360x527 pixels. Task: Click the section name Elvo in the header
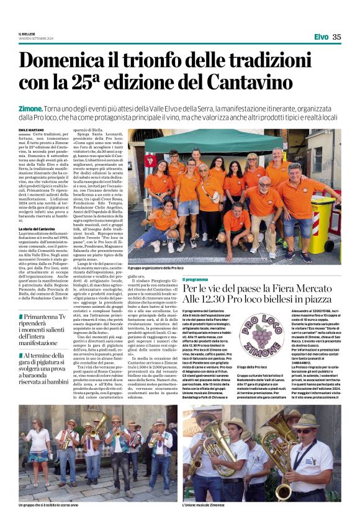322,37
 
